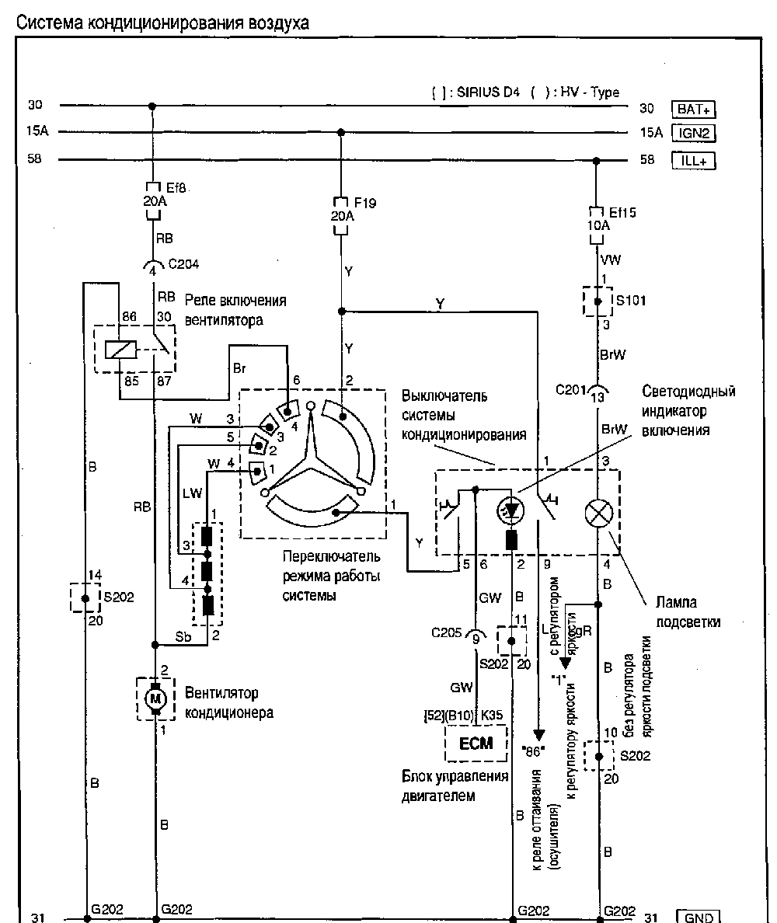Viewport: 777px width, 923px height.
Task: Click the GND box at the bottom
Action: click(697, 917)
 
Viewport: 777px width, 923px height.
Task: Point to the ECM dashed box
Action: click(476, 744)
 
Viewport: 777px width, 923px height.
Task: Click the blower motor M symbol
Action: click(155, 698)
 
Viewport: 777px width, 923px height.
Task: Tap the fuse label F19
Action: click(364, 203)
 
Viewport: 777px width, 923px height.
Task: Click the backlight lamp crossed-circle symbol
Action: click(598, 513)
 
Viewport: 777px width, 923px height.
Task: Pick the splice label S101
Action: click(630, 300)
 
